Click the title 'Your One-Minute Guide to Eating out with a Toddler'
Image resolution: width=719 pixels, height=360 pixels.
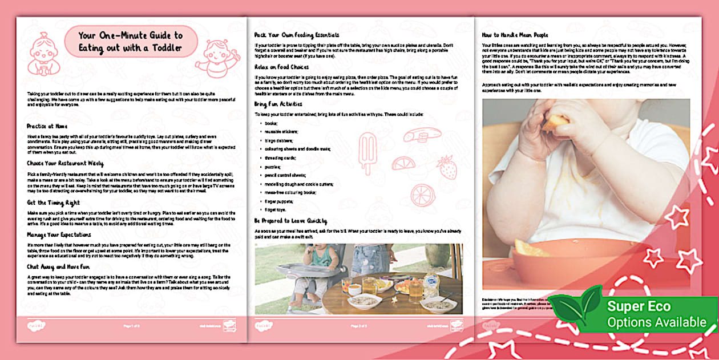[131, 42]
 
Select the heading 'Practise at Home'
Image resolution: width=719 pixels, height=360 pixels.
[49, 126]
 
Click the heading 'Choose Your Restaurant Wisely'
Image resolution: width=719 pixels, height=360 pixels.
[65, 163]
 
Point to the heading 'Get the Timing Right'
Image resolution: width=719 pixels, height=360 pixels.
[53, 202]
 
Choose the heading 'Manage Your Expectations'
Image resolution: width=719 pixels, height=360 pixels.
[59, 234]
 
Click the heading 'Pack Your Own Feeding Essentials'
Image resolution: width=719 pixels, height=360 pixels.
[297, 35]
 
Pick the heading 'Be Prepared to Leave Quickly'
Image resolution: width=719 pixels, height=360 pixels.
[290, 221]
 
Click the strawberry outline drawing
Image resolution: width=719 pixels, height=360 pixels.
[447, 167]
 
